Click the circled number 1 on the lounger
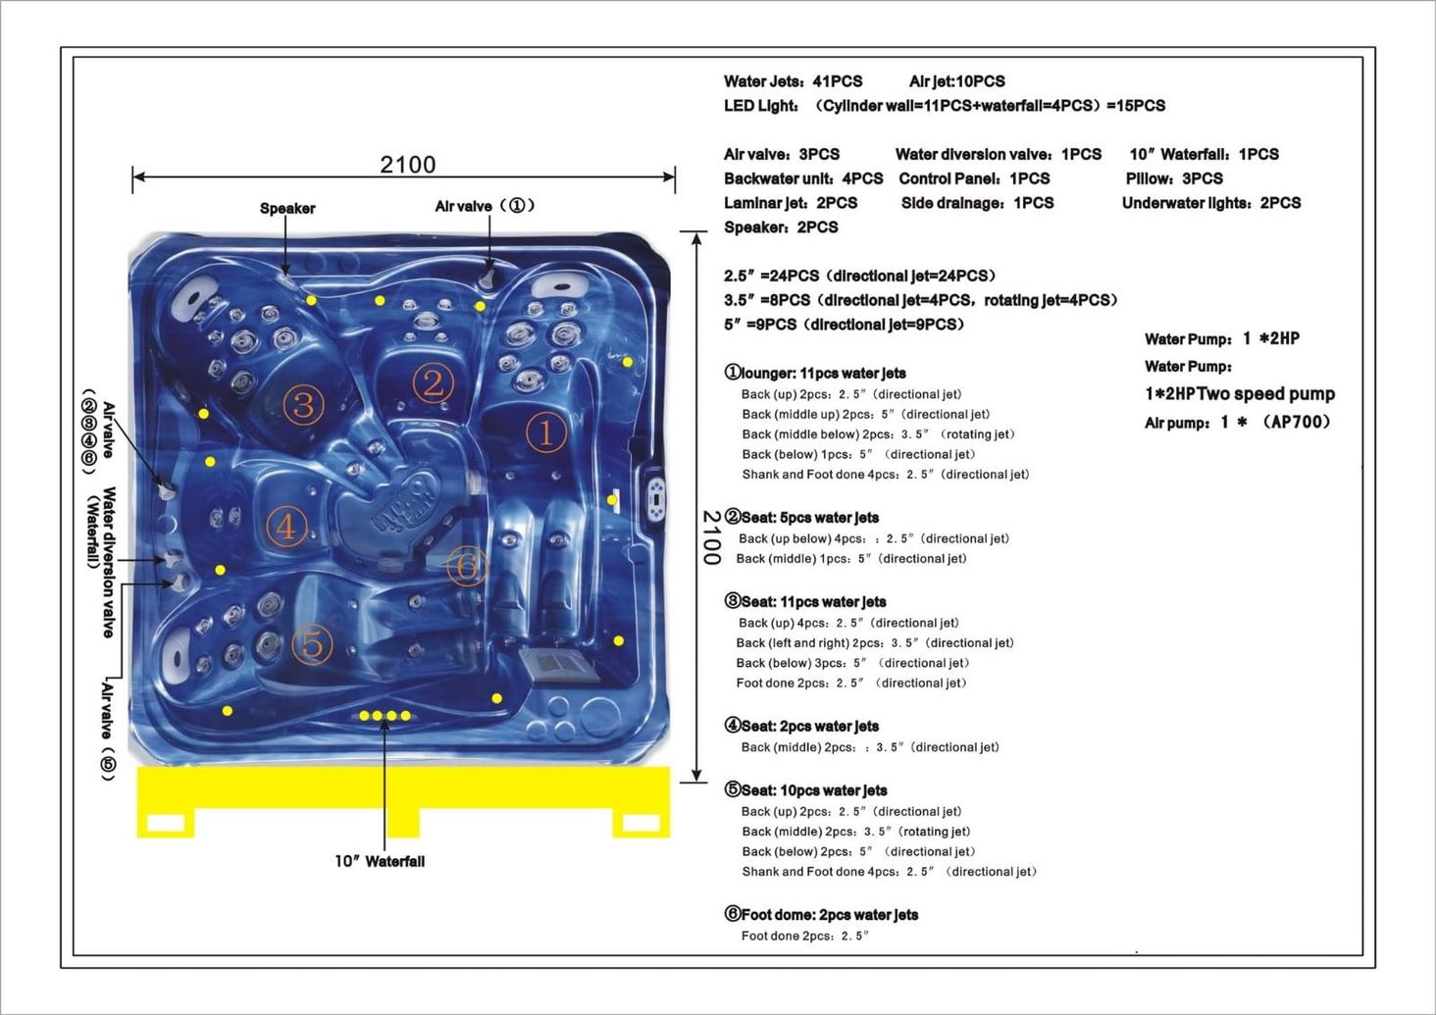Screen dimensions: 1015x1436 pyautogui.click(x=546, y=432)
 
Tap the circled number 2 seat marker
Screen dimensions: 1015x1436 pyautogui.click(x=433, y=382)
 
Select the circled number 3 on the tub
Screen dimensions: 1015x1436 pyautogui.click(x=303, y=404)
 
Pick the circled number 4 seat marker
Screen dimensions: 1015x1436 pyautogui.click(x=285, y=527)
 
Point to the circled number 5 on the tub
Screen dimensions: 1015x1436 pyautogui.click(x=312, y=645)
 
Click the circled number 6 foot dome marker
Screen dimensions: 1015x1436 pyautogui.click(x=467, y=566)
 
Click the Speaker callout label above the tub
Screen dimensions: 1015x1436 pyautogui.click(x=287, y=208)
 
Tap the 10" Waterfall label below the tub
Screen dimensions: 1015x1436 pyautogui.click(x=380, y=861)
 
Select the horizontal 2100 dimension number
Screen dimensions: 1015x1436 pyautogui.click(x=408, y=164)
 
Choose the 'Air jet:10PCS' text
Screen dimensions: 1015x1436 pyautogui.click(x=956, y=81)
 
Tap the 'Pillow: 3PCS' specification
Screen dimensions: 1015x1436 pyautogui.click(x=1174, y=178)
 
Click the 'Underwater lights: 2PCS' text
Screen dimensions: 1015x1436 pyautogui.click(x=1211, y=203)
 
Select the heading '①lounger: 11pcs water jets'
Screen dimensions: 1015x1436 pyautogui.click(x=815, y=373)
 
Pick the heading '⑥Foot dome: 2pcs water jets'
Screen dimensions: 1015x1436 pyautogui.click(x=821, y=915)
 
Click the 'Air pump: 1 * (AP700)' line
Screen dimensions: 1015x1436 pyautogui.click(x=1237, y=423)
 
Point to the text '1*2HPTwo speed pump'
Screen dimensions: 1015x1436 pyautogui.click(x=1240, y=394)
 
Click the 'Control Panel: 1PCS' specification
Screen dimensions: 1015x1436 pyautogui.click(x=974, y=178)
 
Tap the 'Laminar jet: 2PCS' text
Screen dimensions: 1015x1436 pyautogui.click(x=791, y=203)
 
